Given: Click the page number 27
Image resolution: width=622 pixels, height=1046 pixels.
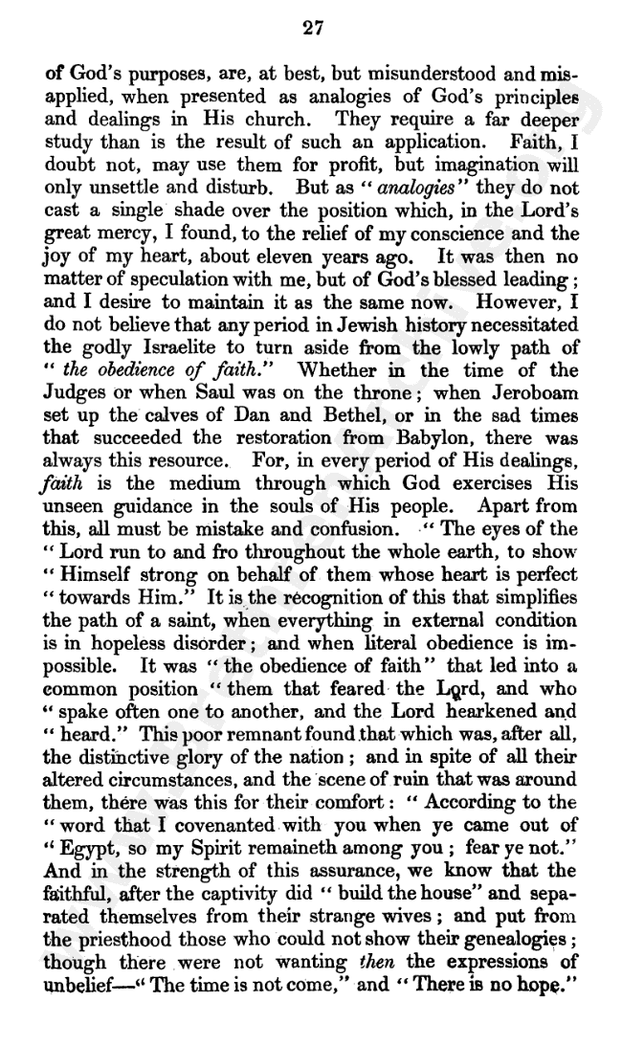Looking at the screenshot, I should (x=311, y=28).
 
